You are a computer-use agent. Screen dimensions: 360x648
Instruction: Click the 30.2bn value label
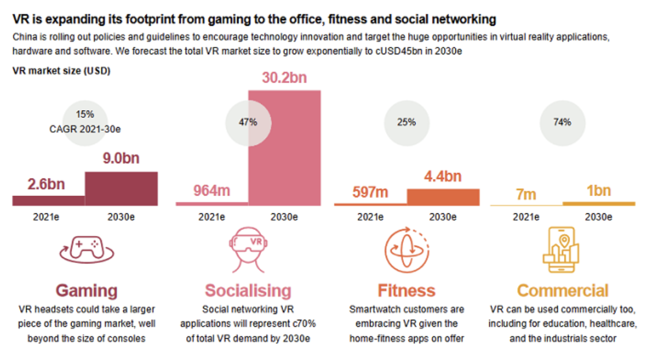[x=284, y=79]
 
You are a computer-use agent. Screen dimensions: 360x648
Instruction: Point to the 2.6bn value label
[x=46, y=183]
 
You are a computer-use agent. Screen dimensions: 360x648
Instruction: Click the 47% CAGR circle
[x=247, y=122]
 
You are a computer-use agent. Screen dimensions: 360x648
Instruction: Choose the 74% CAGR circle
[x=562, y=122]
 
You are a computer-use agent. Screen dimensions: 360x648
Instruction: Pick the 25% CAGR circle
[x=406, y=122]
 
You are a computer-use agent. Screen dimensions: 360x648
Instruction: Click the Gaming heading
[x=86, y=290]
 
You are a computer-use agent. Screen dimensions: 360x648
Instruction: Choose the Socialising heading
[x=248, y=290]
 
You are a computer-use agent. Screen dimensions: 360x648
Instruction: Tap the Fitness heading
[x=406, y=290]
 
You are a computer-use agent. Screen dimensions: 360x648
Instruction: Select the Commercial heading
[x=562, y=290]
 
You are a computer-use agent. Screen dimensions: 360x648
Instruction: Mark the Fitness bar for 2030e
[x=443, y=197]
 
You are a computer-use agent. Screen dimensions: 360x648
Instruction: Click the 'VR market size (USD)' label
[x=61, y=71]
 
